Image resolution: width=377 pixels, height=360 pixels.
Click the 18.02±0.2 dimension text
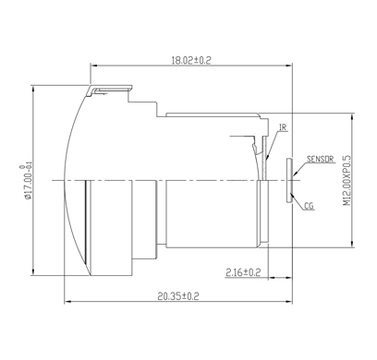click(191, 60)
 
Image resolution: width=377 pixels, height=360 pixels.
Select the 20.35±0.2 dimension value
click(178, 296)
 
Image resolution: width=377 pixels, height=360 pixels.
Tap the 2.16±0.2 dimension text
click(243, 272)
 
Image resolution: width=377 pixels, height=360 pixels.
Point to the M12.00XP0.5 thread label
click(347, 181)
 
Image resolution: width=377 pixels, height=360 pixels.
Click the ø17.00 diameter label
click(29, 182)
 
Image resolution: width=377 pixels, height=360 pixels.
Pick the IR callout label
click(284, 127)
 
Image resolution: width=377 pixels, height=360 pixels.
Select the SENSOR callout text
click(321, 159)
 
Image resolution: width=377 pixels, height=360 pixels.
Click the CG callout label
click(309, 206)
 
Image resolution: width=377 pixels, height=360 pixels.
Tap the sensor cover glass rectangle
click(289, 181)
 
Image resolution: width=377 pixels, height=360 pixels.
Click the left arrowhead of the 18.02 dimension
click(93, 66)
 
